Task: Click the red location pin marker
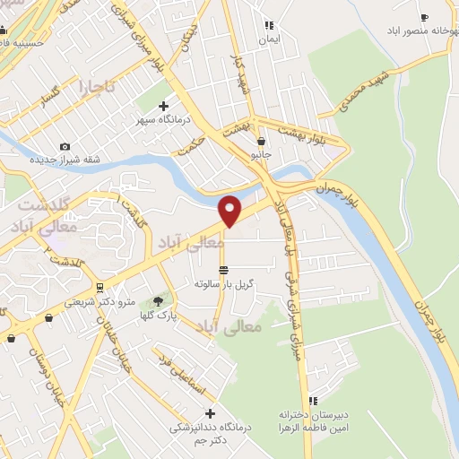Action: click(230, 210)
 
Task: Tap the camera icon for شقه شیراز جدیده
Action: click(64, 147)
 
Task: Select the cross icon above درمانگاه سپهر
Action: click(162, 106)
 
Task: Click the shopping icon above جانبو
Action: click(261, 141)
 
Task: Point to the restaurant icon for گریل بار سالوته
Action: click(223, 269)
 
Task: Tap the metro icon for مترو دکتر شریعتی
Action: click(98, 287)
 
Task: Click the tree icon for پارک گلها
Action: click(159, 301)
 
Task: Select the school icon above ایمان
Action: click(267, 26)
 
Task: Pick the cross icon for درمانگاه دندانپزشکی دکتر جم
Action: click(211, 413)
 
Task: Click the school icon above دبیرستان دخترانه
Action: click(313, 401)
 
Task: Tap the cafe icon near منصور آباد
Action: click(424, 16)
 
